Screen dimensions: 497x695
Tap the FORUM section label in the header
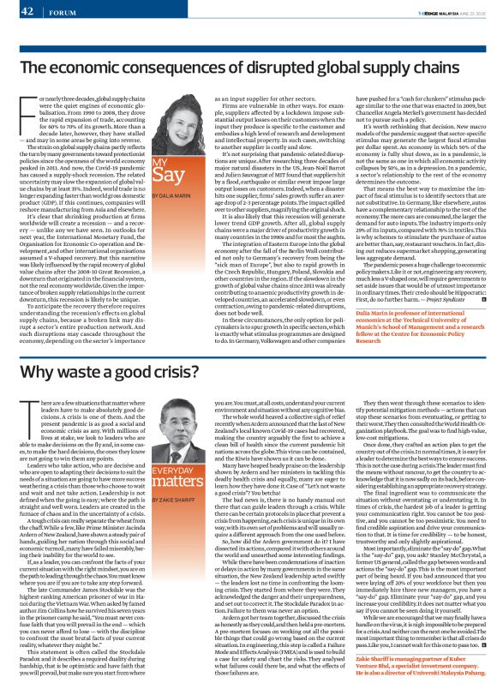coord(62,12)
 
